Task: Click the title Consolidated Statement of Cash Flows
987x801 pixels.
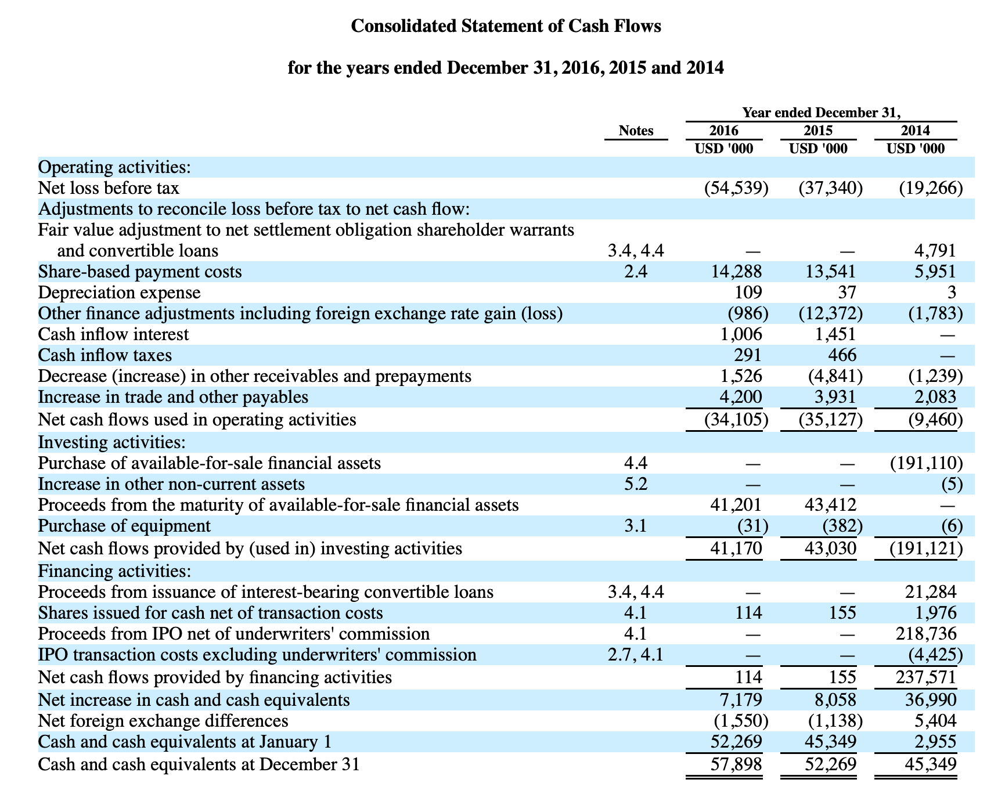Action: click(506, 27)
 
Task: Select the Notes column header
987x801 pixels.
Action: click(636, 131)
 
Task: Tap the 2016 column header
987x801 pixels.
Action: click(724, 131)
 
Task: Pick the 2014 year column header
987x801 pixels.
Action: click(916, 131)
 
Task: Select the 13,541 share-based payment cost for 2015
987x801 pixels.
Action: click(827, 272)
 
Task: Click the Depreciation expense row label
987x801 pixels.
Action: click(119, 293)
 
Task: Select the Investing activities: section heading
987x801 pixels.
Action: click(112, 442)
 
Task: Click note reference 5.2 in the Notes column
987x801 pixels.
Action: click(636, 484)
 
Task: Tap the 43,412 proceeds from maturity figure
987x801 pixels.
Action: click(827, 505)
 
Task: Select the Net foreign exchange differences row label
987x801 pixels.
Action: click(163, 721)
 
